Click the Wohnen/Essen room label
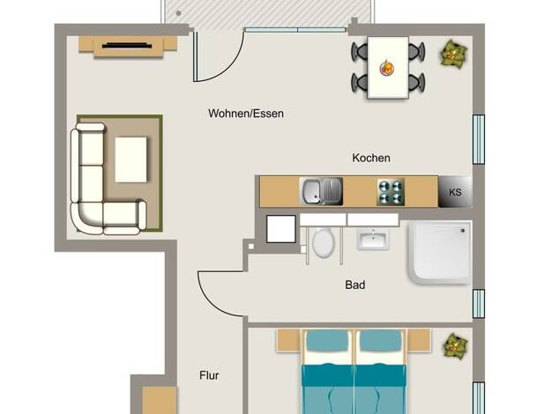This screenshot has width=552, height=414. point(246,114)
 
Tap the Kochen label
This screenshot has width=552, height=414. point(371,158)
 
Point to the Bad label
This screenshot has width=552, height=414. point(354,285)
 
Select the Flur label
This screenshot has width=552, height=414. point(209,375)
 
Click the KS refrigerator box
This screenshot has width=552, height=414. point(455,192)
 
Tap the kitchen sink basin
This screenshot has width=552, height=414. point(312,192)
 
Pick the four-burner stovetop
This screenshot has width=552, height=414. point(391,192)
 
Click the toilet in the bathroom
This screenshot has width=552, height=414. point(323,243)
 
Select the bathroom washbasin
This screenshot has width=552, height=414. point(373,239)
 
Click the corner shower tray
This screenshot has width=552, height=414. point(440,252)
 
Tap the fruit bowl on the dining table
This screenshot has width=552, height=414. point(386,68)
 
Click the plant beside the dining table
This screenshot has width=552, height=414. point(453,54)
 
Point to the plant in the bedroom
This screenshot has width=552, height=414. point(456,346)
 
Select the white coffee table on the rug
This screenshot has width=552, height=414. point(131,159)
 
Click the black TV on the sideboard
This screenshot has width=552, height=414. point(127,46)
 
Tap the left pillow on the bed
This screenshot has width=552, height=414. point(327,341)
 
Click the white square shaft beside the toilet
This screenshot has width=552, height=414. point(281,229)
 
